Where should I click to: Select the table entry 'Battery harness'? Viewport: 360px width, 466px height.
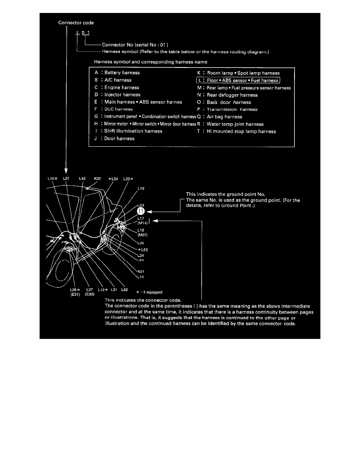click(122, 73)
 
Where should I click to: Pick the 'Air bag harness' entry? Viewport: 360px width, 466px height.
click(224, 117)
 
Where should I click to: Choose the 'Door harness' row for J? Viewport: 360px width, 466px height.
click(120, 138)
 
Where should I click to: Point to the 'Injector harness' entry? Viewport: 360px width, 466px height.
click(122, 95)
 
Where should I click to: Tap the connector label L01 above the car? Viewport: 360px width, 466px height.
click(66, 178)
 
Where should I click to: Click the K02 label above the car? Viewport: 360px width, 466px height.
click(98, 178)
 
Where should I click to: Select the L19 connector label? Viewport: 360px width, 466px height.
click(141, 189)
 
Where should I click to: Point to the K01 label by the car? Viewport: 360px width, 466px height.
click(141, 271)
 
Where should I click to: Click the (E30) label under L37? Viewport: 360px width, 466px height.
click(89, 294)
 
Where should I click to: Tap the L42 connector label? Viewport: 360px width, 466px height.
click(82, 178)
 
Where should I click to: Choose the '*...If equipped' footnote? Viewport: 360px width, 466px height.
click(149, 292)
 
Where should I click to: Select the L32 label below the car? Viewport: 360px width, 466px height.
click(125, 290)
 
